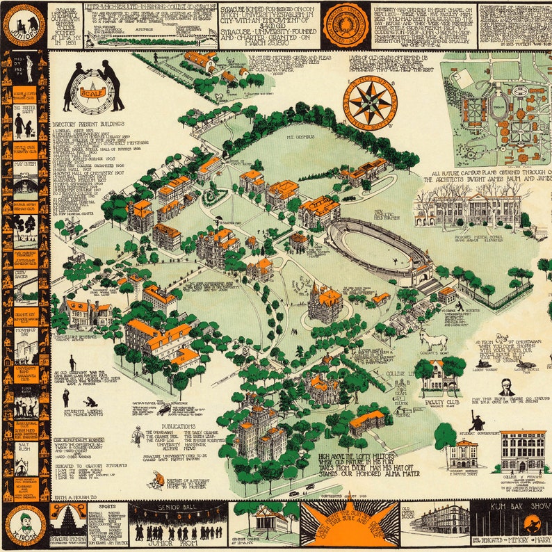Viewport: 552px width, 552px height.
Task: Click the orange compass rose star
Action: click(x=369, y=103)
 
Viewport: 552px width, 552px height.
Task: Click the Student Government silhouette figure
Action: click(x=478, y=421)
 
